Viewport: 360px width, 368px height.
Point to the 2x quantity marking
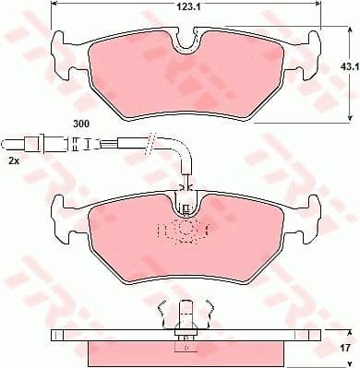pos(12,160)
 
